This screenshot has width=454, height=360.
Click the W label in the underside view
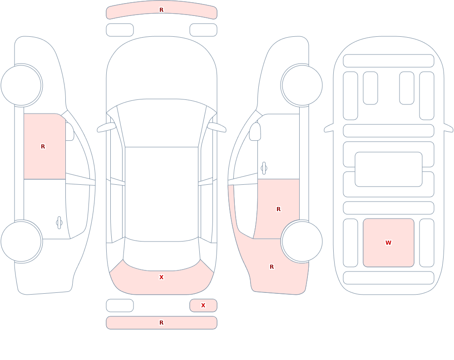coord(388,243)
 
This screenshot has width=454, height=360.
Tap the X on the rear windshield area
coord(162,277)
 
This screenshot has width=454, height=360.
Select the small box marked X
coord(203,305)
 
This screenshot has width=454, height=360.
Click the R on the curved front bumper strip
coord(162,10)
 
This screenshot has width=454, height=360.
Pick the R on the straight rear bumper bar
coord(162,323)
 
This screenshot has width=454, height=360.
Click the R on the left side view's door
coord(43,147)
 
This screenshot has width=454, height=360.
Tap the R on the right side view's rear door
coord(279,209)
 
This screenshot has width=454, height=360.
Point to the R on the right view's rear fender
coord(271,267)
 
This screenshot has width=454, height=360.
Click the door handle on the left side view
coord(59,223)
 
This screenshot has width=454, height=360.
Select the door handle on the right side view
coord(264,168)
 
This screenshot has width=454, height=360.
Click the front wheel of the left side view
coord(21,85)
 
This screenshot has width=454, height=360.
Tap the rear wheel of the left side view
coord(21,241)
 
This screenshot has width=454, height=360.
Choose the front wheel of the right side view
coord(302,85)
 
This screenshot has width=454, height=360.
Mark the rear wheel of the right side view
coord(302,241)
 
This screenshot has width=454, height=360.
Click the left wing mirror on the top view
coord(106,127)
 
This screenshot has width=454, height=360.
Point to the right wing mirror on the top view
coord(217,127)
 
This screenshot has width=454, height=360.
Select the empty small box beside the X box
coord(120,305)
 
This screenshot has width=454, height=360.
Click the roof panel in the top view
coord(162,194)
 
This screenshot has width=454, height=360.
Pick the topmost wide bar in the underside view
coord(389,61)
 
